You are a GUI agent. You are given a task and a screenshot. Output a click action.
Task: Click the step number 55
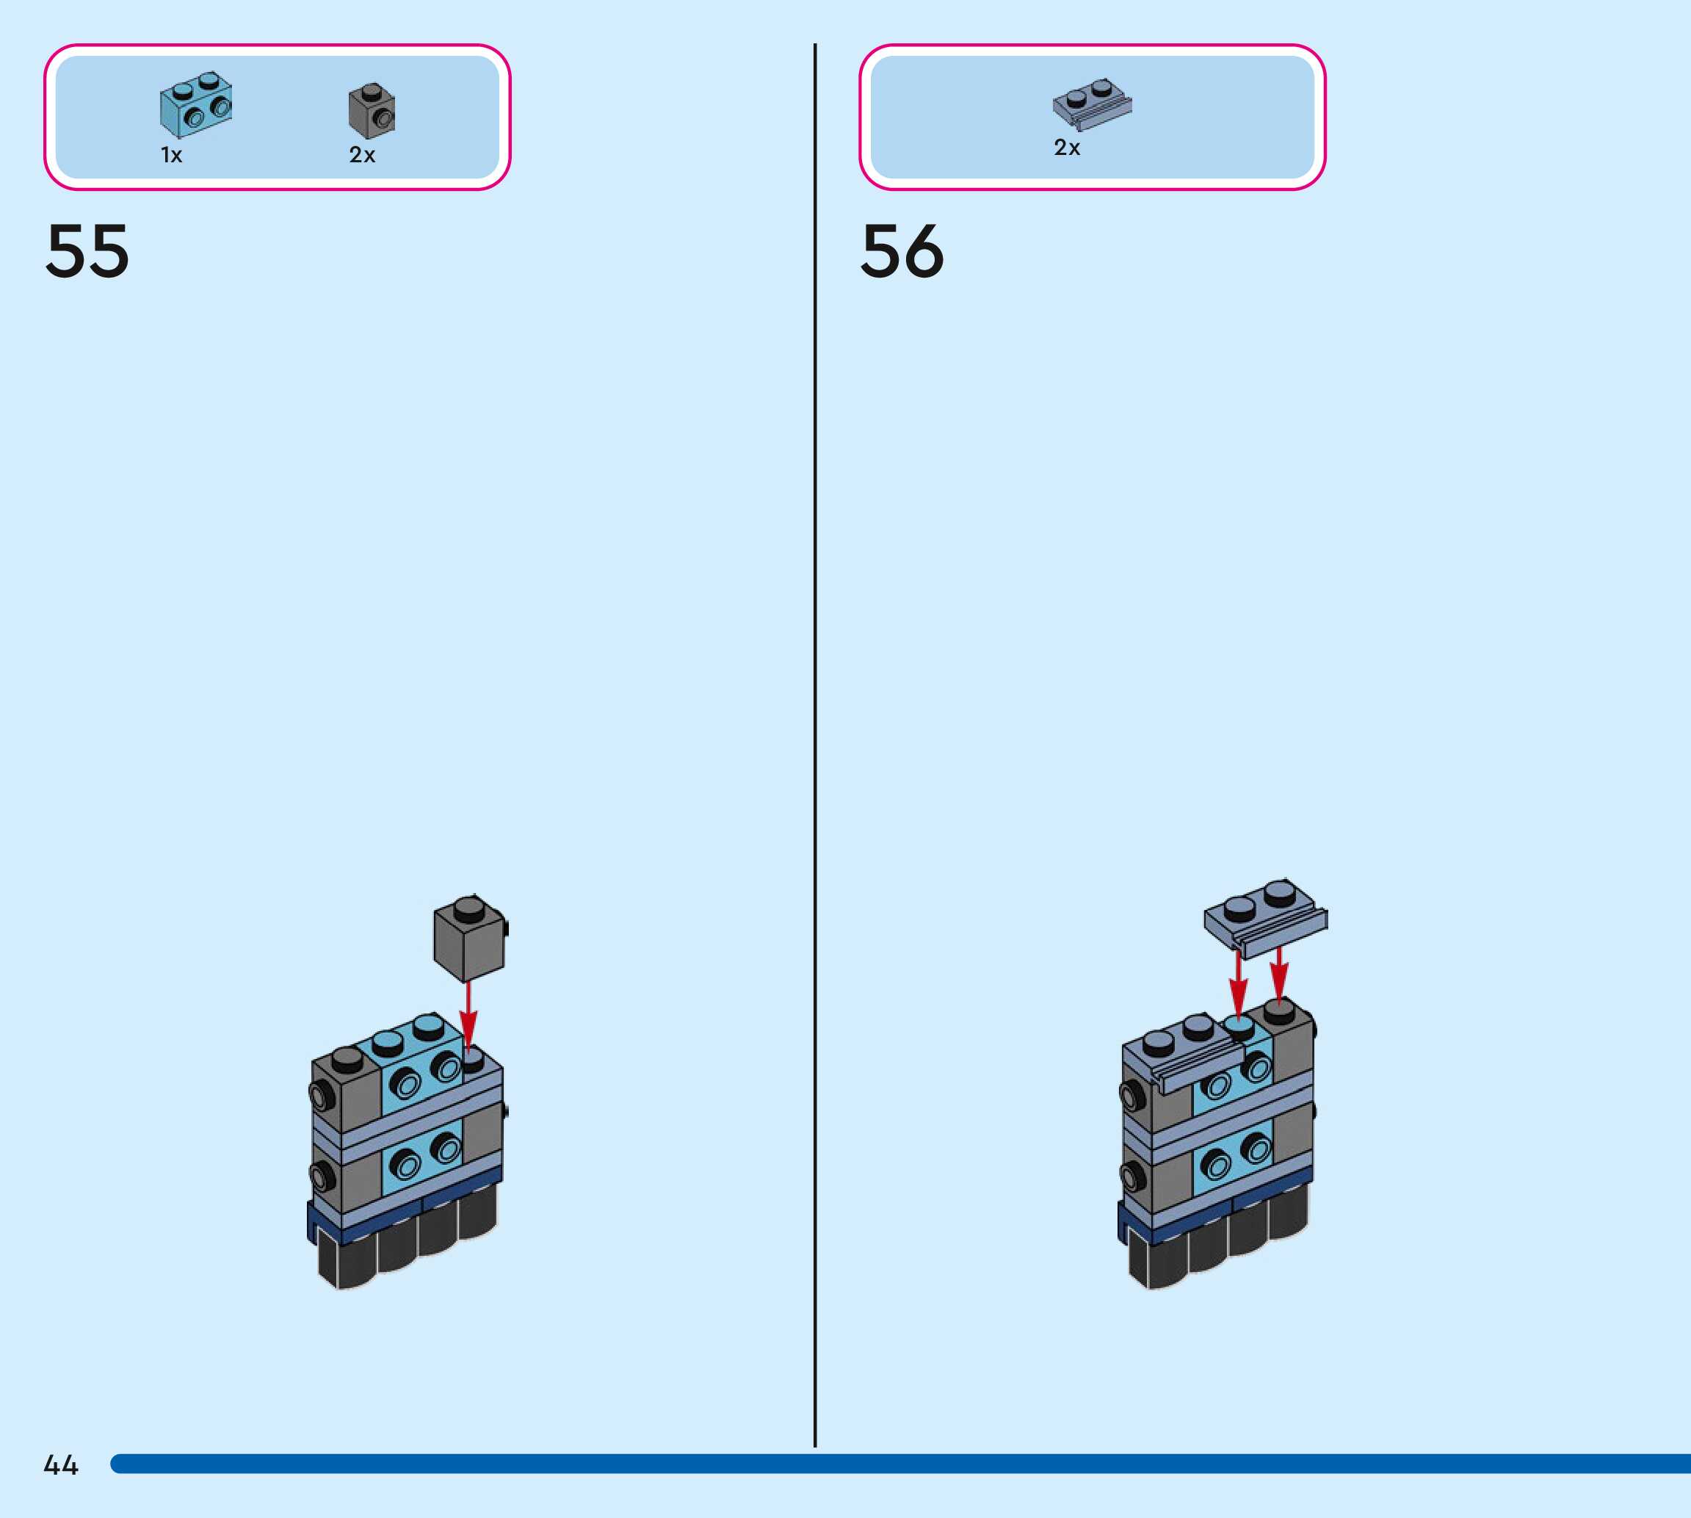(87, 251)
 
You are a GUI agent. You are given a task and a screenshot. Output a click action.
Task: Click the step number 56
(902, 251)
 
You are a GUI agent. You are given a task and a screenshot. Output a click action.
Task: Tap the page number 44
(61, 1465)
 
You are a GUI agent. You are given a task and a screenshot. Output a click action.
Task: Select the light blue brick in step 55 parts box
(196, 105)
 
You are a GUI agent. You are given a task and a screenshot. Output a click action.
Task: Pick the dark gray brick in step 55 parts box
(372, 111)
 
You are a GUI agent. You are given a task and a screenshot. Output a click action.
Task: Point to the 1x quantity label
(172, 155)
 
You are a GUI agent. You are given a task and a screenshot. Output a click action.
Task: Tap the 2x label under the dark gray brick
(362, 155)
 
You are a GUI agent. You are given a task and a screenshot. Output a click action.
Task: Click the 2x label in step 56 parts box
(1066, 148)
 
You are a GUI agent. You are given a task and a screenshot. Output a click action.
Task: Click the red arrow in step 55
(468, 1014)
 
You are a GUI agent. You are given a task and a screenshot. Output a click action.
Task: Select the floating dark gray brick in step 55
(469, 939)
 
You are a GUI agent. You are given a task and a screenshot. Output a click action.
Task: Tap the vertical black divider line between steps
(814, 751)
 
